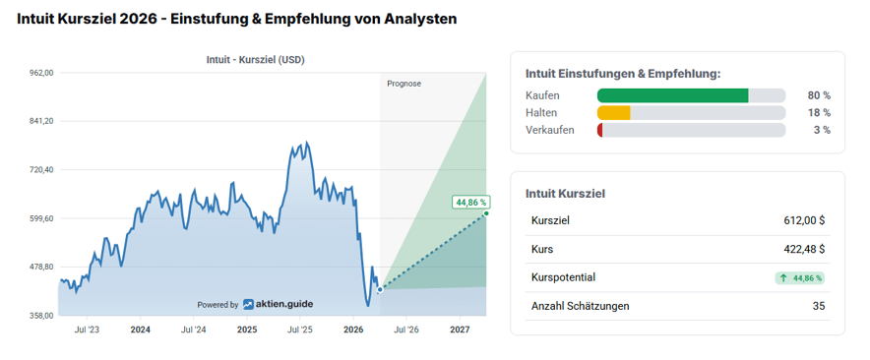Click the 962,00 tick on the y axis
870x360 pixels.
[x=39, y=72]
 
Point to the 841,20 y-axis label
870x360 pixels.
[x=39, y=121]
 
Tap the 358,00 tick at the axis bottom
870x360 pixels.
[x=39, y=316]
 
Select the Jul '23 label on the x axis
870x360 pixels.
[x=87, y=330]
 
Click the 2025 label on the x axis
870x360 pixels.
[x=247, y=330]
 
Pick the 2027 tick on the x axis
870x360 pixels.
[x=460, y=330]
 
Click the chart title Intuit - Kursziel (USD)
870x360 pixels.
[x=255, y=59]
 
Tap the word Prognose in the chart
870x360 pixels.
[x=404, y=84]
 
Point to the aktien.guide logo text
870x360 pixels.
[x=280, y=304]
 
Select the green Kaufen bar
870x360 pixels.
[x=672, y=95]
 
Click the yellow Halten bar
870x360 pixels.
[x=613, y=113]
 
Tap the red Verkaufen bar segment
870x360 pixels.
[x=599, y=130]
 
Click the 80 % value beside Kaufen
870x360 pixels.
[x=819, y=95]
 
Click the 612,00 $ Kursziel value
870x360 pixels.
[x=801, y=220]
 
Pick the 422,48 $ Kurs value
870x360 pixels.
[x=801, y=249]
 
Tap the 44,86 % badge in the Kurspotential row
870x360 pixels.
[x=799, y=278]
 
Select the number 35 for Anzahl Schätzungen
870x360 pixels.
[x=818, y=306]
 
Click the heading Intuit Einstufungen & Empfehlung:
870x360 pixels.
[x=623, y=73]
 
